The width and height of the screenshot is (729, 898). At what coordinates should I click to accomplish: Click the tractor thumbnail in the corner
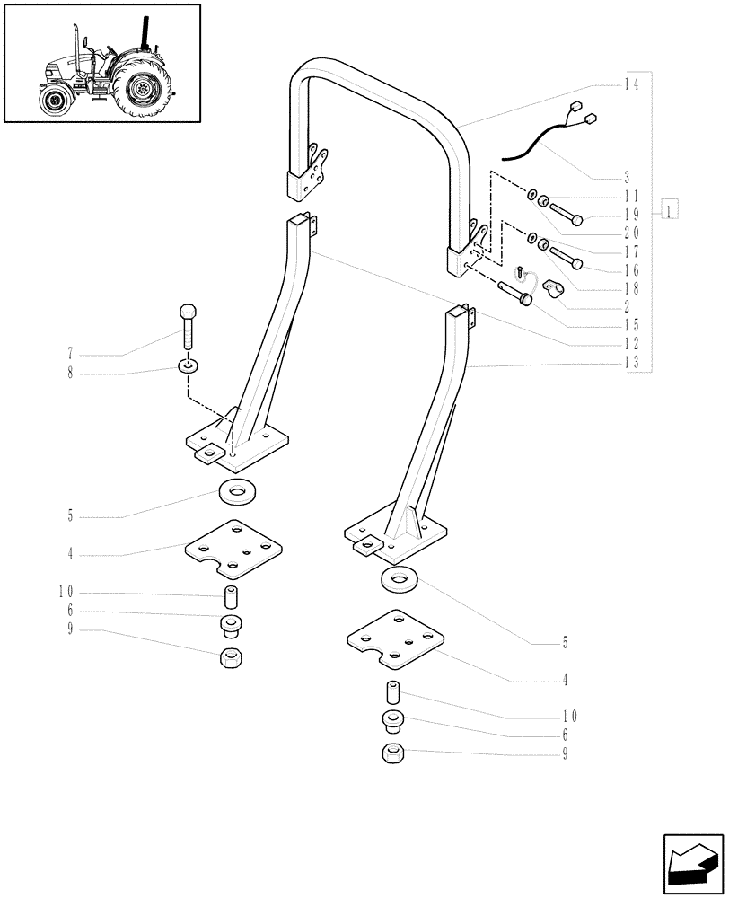pyautogui.click(x=101, y=63)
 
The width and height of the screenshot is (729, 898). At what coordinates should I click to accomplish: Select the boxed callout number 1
pyautogui.click(x=670, y=212)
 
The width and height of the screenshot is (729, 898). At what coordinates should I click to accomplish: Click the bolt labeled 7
pyautogui.click(x=188, y=325)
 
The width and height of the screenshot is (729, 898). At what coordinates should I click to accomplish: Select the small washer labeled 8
pyautogui.click(x=189, y=366)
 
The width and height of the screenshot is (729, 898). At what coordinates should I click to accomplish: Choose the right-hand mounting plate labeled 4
pyautogui.click(x=396, y=640)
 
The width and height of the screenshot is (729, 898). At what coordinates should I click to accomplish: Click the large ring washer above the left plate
pyautogui.click(x=236, y=492)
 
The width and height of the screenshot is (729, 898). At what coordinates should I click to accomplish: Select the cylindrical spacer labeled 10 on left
pyautogui.click(x=231, y=596)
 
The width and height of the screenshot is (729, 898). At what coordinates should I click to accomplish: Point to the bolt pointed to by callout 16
pyautogui.click(x=567, y=259)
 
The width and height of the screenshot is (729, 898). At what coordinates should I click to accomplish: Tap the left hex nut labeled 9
pyautogui.click(x=231, y=659)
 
